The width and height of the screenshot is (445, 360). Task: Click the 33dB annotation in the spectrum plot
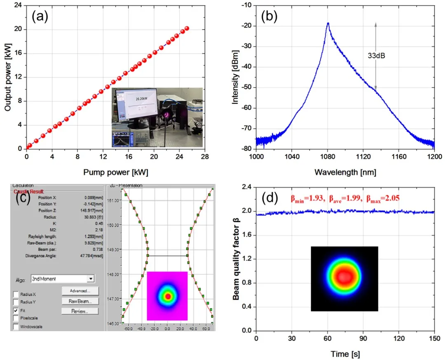376,55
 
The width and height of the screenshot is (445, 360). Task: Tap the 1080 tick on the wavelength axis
328,157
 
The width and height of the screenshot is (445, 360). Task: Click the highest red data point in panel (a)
187,28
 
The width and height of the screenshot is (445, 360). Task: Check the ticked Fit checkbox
16,310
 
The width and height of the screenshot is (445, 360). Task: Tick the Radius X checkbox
16,294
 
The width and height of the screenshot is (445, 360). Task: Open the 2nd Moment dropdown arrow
90,279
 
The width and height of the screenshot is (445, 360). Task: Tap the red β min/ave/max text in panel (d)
345,199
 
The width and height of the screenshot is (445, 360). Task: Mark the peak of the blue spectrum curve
328,23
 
